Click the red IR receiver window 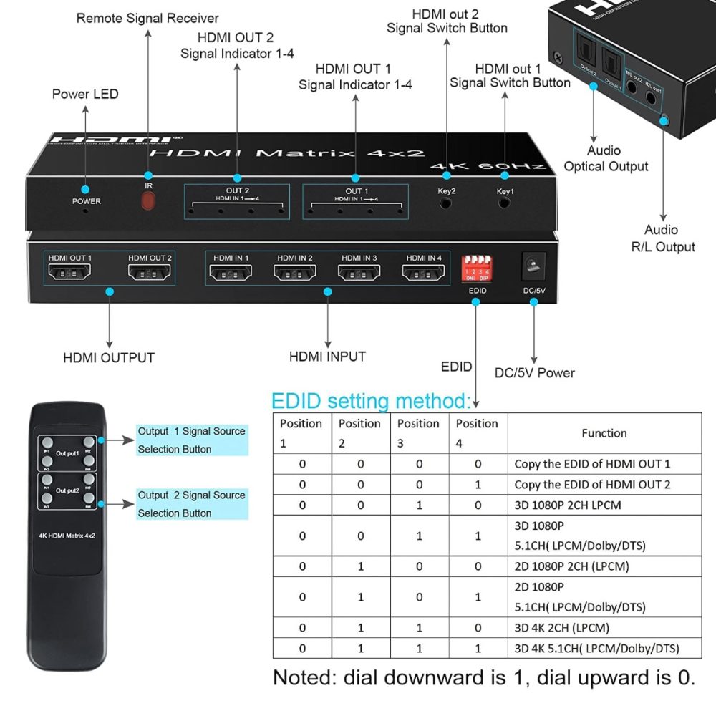[x=148, y=201]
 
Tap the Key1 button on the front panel [x=505, y=203]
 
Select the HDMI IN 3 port [x=359, y=272]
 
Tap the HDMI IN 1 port [x=230, y=272]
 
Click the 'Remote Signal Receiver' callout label [x=147, y=18]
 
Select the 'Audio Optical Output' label [x=606, y=158]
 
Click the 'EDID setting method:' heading [x=371, y=400]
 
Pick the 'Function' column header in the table [x=604, y=433]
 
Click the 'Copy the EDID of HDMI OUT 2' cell [x=592, y=485]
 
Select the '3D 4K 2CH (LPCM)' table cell [x=561, y=628]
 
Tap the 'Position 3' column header [x=418, y=433]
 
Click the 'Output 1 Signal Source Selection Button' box [x=191, y=440]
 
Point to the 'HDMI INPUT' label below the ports [x=327, y=357]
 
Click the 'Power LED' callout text [x=85, y=94]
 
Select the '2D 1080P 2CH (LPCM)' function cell [x=571, y=566]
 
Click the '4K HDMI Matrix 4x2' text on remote [x=68, y=535]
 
